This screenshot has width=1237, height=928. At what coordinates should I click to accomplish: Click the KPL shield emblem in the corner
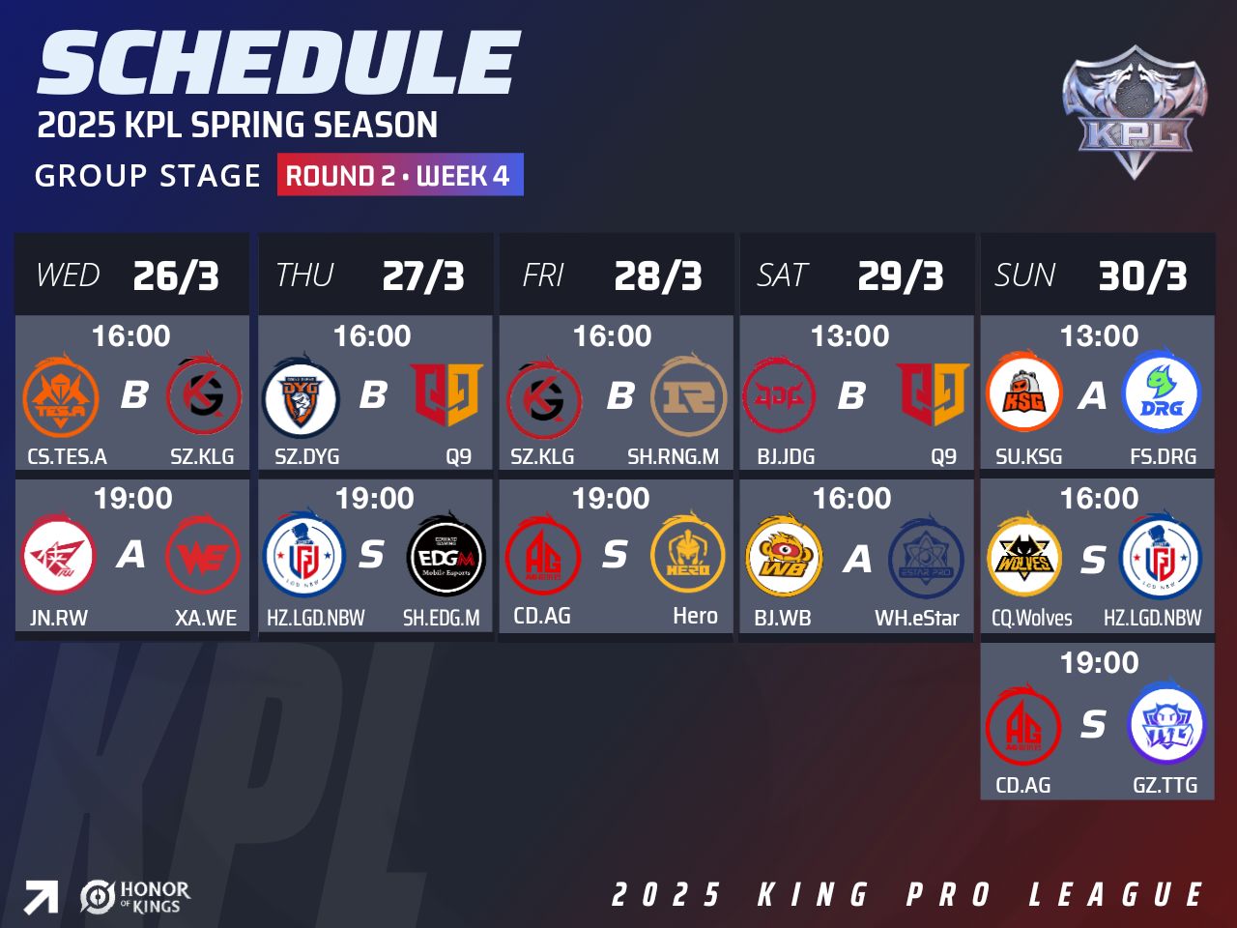coord(1135,111)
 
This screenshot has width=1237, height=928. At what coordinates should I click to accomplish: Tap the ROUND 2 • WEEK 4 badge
coord(400,175)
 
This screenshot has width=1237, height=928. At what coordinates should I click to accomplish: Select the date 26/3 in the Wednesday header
coord(176,276)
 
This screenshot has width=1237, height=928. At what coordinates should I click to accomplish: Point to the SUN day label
coord(1024,275)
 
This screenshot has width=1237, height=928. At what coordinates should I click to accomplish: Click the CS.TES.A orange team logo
coord(61,396)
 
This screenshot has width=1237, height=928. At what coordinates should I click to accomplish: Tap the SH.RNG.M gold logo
coord(689,396)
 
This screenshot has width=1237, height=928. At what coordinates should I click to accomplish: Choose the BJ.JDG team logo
coord(779,396)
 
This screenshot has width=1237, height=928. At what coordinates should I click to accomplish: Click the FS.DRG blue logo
coord(1162,392)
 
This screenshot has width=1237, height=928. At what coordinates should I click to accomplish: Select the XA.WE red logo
coord(203,555)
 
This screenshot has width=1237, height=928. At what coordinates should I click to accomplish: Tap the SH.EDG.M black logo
coord(446,555)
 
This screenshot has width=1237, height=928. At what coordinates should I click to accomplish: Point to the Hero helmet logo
coord(687,555)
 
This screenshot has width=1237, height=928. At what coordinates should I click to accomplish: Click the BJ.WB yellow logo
coord(784,555)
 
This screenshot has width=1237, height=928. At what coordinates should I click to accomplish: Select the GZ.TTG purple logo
coord(1166,723)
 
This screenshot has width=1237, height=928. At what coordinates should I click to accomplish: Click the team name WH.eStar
coord(917,618)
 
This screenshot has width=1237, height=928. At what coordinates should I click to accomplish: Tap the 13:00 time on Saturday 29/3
coord(849,335)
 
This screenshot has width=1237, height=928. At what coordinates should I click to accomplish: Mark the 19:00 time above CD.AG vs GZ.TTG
coord(1100,662)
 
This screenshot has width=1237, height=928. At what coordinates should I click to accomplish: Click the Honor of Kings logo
coord(135,898)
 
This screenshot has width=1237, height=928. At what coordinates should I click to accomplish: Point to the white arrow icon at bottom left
coord(41,898)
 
